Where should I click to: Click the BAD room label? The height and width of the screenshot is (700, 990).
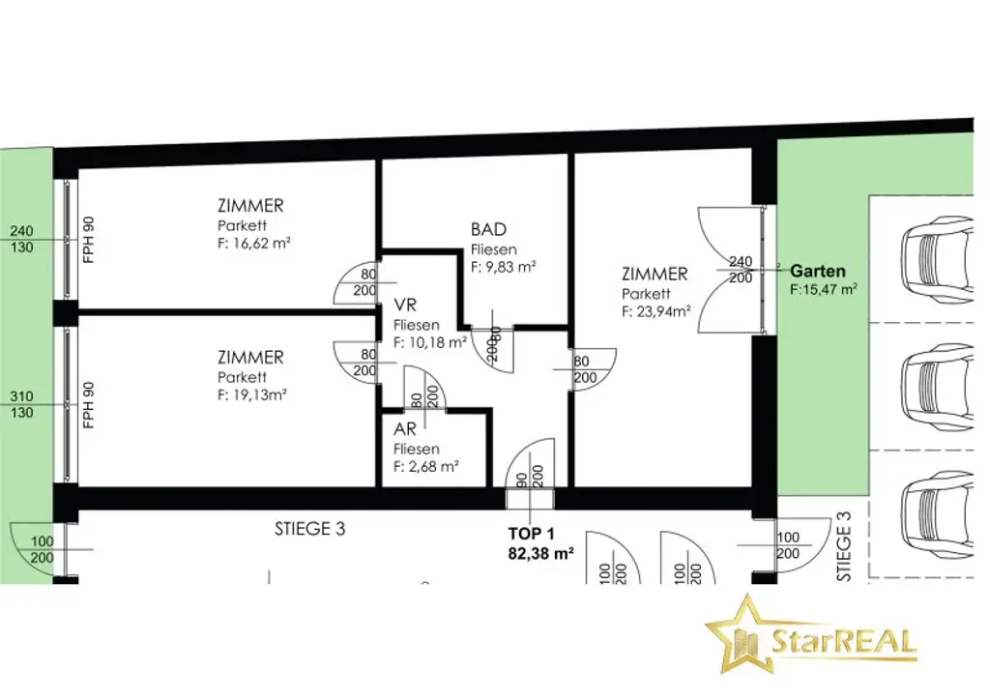(488, 229)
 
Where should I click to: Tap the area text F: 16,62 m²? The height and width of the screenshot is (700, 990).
(254, 243)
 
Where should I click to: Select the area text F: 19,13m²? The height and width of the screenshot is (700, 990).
(252, 395)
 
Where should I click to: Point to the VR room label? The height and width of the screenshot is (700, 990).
(405, 305)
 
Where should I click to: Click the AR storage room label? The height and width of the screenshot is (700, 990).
(405, 429)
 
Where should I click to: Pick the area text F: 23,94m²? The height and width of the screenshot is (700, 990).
(656, 311)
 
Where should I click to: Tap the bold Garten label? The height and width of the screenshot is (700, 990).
(818, 272)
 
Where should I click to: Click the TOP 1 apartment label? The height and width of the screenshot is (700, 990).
(532, 534)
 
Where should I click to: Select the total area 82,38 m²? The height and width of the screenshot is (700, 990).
(541, 554)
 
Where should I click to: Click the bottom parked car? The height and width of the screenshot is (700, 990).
(938, 511)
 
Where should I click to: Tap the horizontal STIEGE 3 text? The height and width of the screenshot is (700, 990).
(310, 529)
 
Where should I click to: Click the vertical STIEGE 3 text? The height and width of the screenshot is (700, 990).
(844, 546)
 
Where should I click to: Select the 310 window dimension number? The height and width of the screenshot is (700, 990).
(21, 396)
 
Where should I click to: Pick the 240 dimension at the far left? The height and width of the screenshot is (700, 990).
(21, 231)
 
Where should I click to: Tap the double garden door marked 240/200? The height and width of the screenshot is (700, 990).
(733, 270)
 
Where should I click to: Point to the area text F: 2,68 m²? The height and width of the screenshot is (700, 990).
(425, 467)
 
